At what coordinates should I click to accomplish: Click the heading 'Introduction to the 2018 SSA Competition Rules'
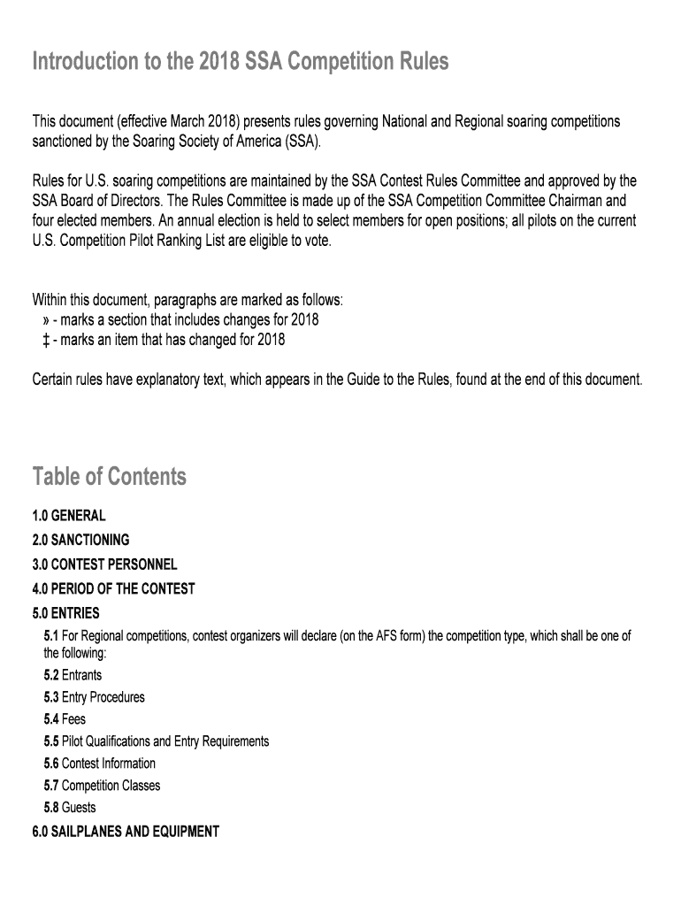point(241,63)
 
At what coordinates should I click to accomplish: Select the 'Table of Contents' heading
point(110,477)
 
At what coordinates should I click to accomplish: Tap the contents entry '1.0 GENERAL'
point(69,516)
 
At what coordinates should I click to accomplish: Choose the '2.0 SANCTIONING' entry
point(80,540)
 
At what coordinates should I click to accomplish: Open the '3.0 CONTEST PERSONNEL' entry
point(104,564)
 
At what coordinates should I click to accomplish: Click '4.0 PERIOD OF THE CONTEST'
point(113,588)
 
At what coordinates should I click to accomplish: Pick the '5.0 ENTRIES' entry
point(65,613)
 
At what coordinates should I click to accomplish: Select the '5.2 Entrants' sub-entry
point(73,675)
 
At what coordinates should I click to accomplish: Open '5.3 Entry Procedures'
point(94,697)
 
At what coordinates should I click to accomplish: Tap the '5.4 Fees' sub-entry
point(65,719)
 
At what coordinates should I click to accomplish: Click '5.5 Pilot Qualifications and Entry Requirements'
point(156,741)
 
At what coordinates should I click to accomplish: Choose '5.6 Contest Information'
point(99,764)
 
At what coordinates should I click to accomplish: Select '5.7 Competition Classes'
point(102,786)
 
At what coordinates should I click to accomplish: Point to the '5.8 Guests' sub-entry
point(70,808)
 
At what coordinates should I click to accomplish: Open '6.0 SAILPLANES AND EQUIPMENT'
point(125,832)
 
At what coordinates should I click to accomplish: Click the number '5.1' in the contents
point(50,636)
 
